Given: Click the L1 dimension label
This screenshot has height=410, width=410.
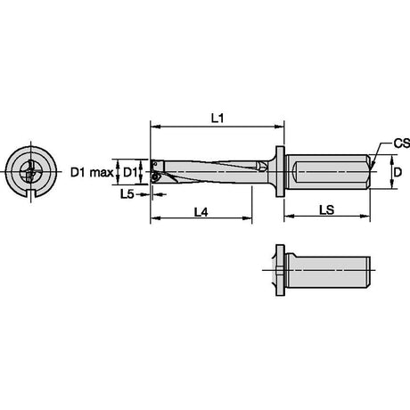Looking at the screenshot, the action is point(217,119).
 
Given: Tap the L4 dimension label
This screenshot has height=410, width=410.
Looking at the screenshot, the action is point(201,212).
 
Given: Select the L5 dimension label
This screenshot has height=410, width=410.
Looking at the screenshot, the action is point(127,194).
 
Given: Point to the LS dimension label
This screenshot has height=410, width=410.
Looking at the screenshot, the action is point(327,210).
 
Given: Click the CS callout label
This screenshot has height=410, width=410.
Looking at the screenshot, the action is point(402,143).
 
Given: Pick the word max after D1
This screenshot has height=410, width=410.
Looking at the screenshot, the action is point(102,172).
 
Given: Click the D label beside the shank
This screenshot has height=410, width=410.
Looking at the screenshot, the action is point(398,172).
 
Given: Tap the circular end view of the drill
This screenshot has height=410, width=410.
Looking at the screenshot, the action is point(31,172).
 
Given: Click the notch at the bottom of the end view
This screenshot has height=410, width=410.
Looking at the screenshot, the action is point(31,193).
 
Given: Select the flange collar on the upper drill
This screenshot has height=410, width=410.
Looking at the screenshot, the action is point(280,171).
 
